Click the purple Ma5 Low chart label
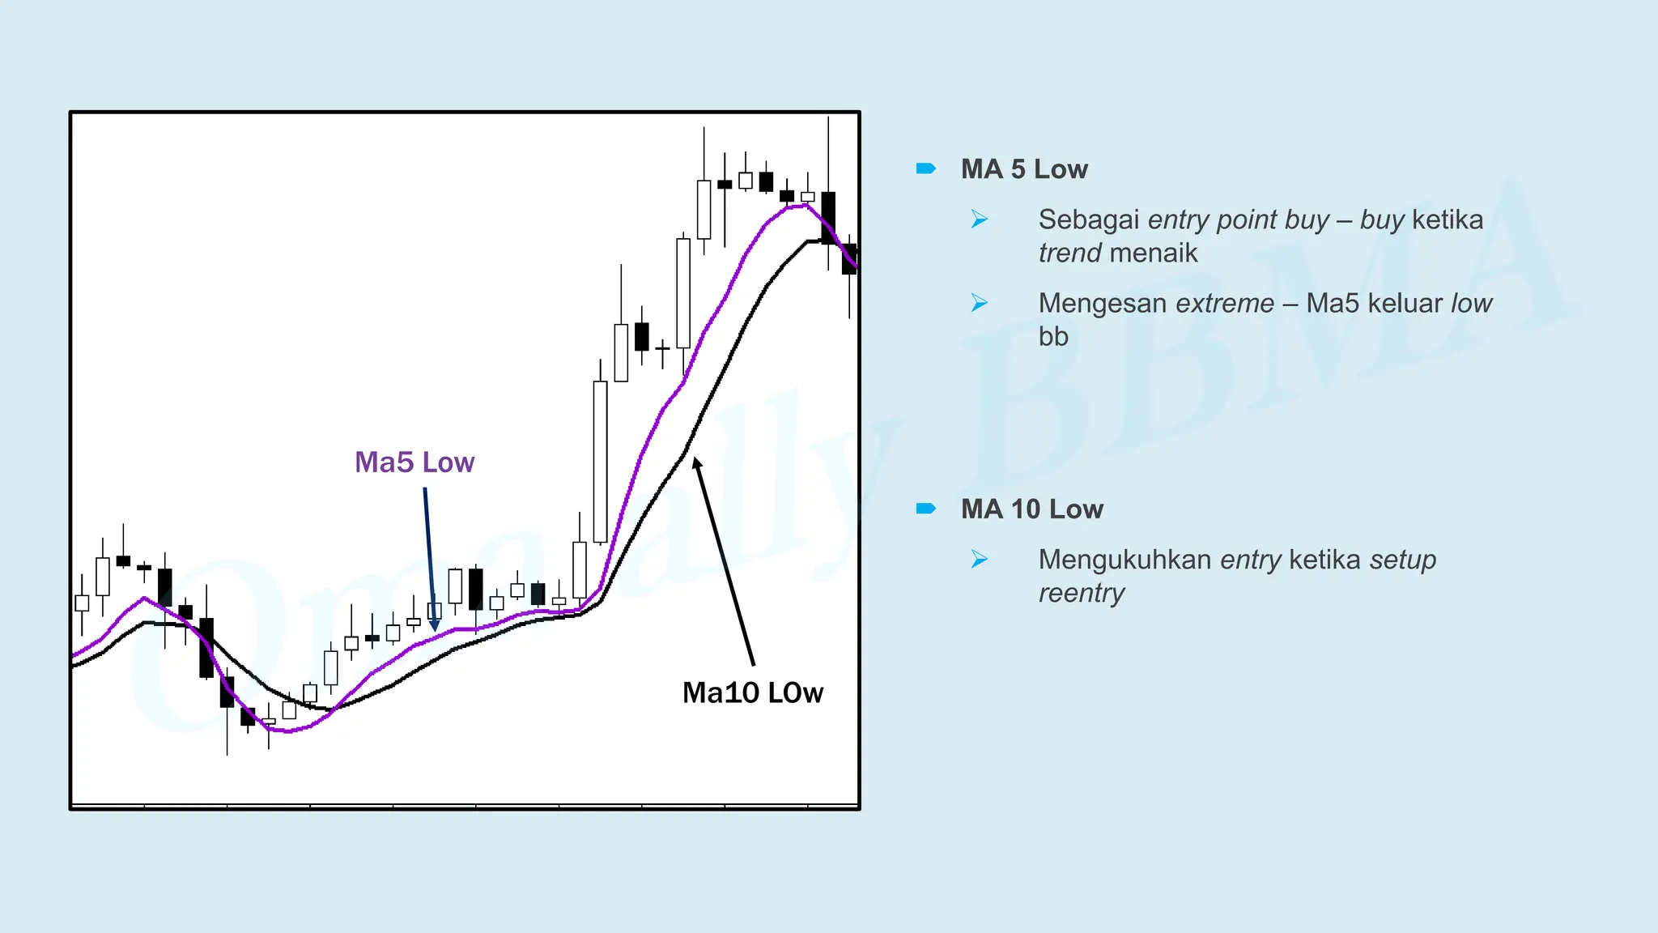[414, 462]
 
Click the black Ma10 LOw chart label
[752, 692]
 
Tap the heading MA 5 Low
[1023, 169]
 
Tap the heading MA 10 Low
[1031, 509]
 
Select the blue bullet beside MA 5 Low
[925, 168]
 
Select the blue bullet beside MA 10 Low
[925, 509]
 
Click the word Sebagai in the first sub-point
[1088, 219]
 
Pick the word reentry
[1081, 593]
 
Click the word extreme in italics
[1224, 303]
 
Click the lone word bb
[1052, 336]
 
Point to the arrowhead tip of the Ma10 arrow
[695, 459]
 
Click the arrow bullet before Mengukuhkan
[979, 559]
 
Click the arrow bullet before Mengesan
[979, 303]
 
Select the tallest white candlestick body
[600, 462]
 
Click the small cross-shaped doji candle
[662, 349]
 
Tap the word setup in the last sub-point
[1402, 560]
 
